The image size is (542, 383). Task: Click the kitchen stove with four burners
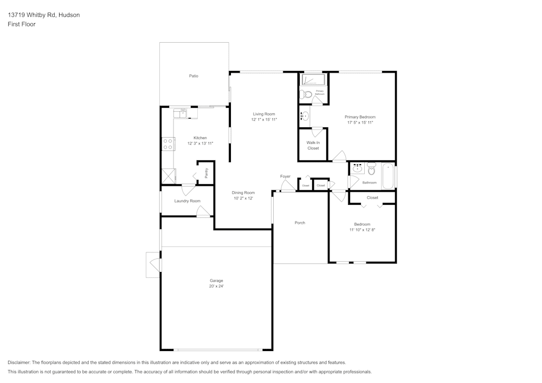(167, 144)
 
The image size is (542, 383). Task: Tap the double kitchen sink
(180, 113)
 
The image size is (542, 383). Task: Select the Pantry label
(206, 173)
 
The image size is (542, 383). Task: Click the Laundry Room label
(187, 201)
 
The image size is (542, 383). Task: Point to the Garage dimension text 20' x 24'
(216, 286)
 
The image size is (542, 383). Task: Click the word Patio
(193, 76)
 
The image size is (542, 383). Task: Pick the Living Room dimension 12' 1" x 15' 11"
(264, 120)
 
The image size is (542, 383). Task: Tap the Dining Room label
(243, 193)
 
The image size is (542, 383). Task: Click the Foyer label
(285, 177)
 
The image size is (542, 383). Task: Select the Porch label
(300, 223)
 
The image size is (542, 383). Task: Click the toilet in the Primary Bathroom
(306, 94)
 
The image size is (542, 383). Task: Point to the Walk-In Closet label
(313, 145)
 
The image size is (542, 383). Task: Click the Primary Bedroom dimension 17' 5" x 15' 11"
(360, 123)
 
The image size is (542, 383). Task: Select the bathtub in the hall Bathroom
(388, 176)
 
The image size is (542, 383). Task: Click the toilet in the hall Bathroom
(372, 169)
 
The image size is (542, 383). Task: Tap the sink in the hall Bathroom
(357, 168)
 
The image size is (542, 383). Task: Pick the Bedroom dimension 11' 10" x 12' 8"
(362, 230)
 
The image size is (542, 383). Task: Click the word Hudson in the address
(69, 15)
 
